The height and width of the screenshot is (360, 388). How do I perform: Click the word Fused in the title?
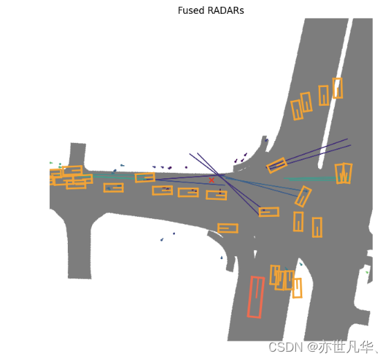[191, 10]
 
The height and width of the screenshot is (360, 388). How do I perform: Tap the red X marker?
[212, 180]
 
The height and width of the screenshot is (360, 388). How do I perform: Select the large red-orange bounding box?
[256, 297]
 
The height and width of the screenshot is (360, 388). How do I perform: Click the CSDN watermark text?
[286, 347]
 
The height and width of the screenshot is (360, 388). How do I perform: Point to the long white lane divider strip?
[335, 94]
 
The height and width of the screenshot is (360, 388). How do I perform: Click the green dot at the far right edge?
[367, 272]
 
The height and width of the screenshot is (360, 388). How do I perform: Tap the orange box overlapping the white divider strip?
[338, 88]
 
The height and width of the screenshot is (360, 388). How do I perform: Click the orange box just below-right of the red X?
[216, 195]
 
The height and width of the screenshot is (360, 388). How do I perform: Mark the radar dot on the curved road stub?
[266, 140]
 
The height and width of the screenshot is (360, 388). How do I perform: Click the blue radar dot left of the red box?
[221, 258]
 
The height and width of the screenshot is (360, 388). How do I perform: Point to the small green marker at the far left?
[51, 162]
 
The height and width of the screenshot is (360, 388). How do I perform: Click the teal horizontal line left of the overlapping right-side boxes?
[310, 178]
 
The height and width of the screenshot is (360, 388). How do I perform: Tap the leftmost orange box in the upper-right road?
[297, 110]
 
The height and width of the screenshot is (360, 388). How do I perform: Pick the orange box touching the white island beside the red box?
[297, 288]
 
